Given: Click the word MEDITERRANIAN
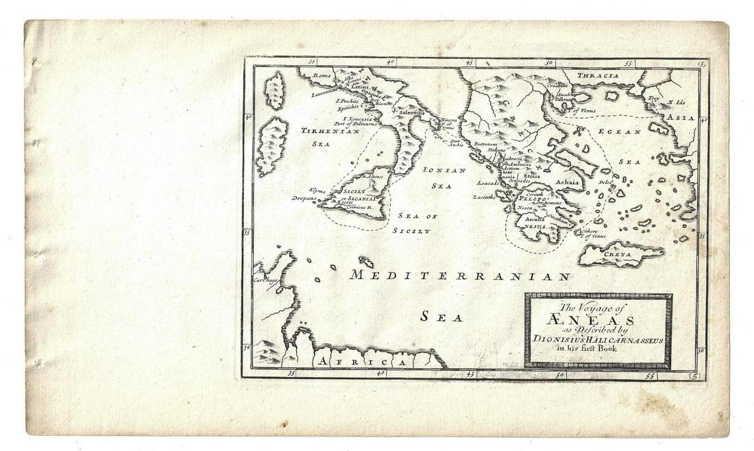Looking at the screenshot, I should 460,276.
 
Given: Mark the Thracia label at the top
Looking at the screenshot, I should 598,75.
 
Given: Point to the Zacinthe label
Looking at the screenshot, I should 483,197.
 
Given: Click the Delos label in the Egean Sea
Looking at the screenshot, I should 604,182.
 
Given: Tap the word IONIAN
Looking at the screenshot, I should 445,169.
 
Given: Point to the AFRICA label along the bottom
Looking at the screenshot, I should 369,361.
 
